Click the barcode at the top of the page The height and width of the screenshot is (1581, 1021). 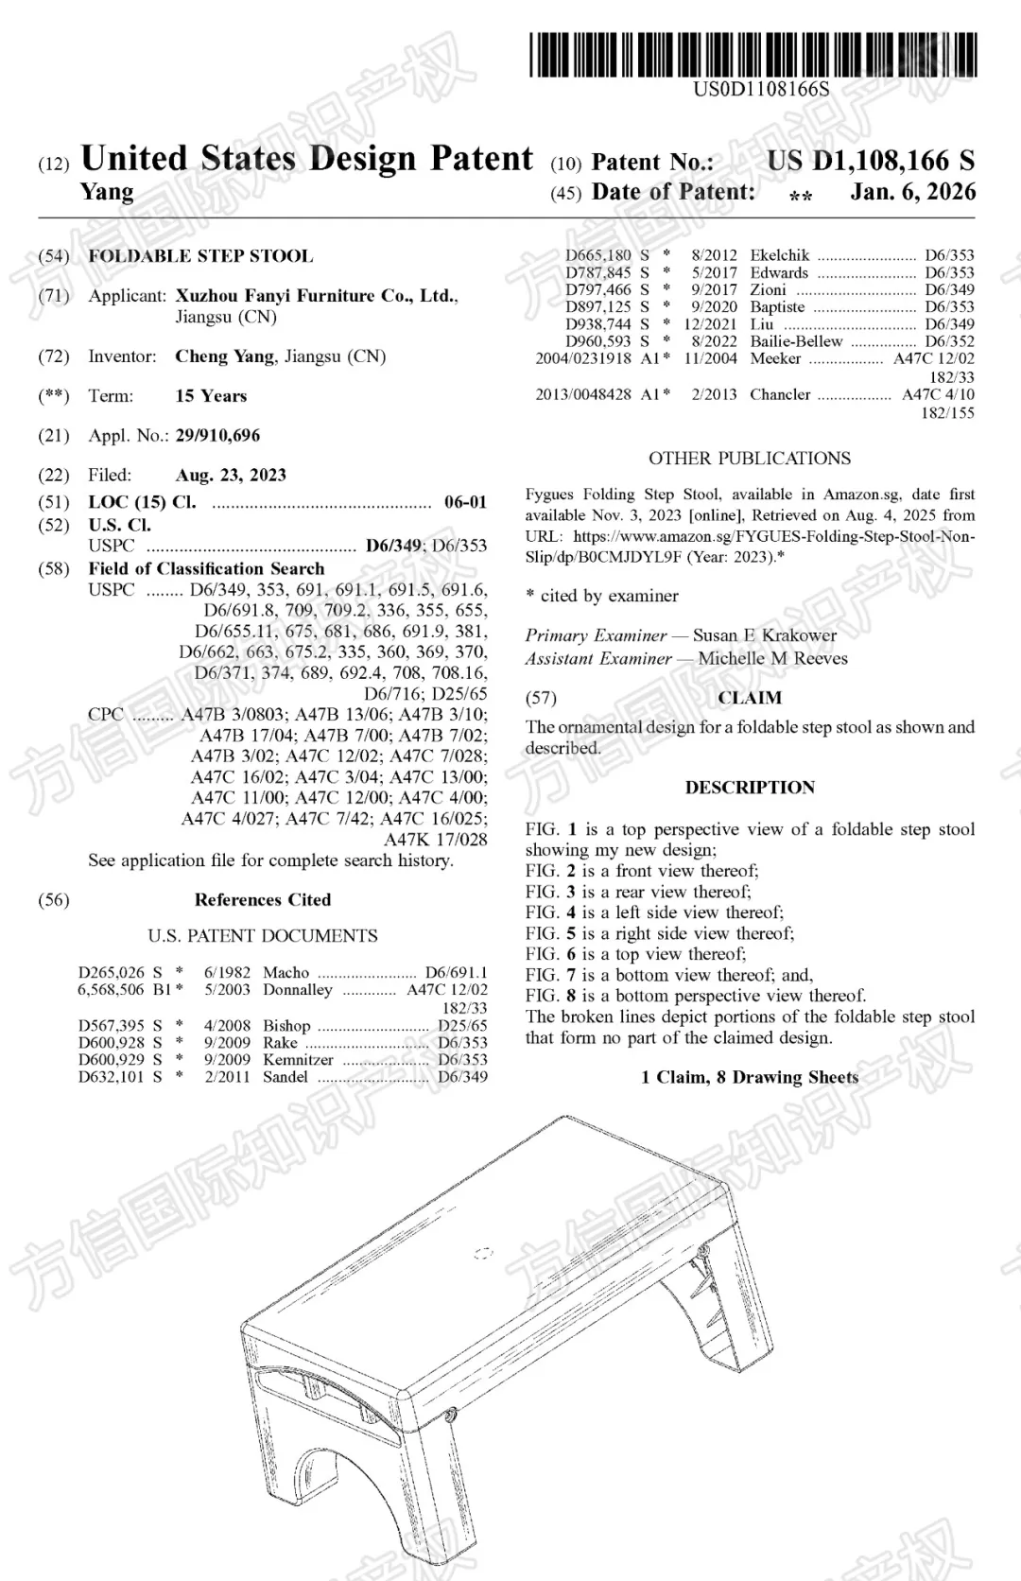[753, 54]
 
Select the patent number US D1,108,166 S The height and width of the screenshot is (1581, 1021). [870, 162]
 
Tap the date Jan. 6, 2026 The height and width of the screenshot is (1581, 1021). [912, 192]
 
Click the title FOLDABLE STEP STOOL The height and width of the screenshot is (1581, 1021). [200, 256]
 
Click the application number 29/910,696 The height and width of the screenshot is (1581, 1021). [217, 436]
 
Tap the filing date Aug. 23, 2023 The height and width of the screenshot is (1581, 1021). [231, 476]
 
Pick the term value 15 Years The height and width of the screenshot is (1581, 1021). [211, 396]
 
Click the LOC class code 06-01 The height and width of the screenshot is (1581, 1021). [465, 502]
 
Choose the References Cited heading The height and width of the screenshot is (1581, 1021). [263, 900]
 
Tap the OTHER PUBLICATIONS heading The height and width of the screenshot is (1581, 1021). [750, 459]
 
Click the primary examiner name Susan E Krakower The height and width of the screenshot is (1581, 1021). [765, 635]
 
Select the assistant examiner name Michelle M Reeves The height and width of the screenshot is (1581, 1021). [772, 659]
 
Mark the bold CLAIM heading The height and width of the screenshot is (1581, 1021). [750, 699]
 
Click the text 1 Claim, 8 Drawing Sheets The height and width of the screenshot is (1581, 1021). [750, 1078]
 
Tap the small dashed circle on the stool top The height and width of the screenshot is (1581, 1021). [483, 1255]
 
